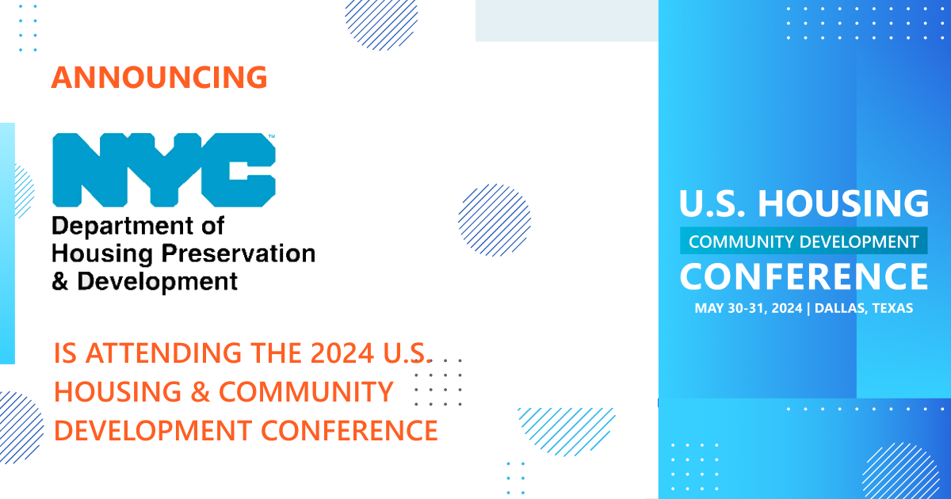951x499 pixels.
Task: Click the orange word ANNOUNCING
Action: (159, 78)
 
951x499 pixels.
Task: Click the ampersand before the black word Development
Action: (60, 280)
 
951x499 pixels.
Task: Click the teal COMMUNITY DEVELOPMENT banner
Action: (804, 241)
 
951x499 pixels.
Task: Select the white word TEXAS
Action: (892, 308)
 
